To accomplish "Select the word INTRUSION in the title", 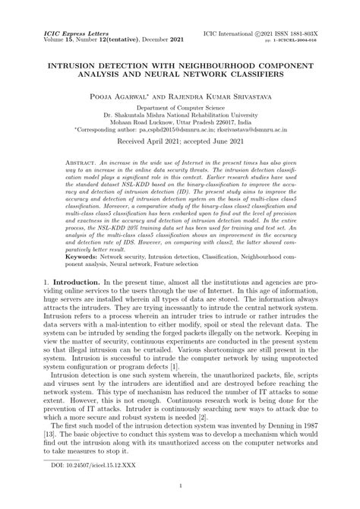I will (75, 65).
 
